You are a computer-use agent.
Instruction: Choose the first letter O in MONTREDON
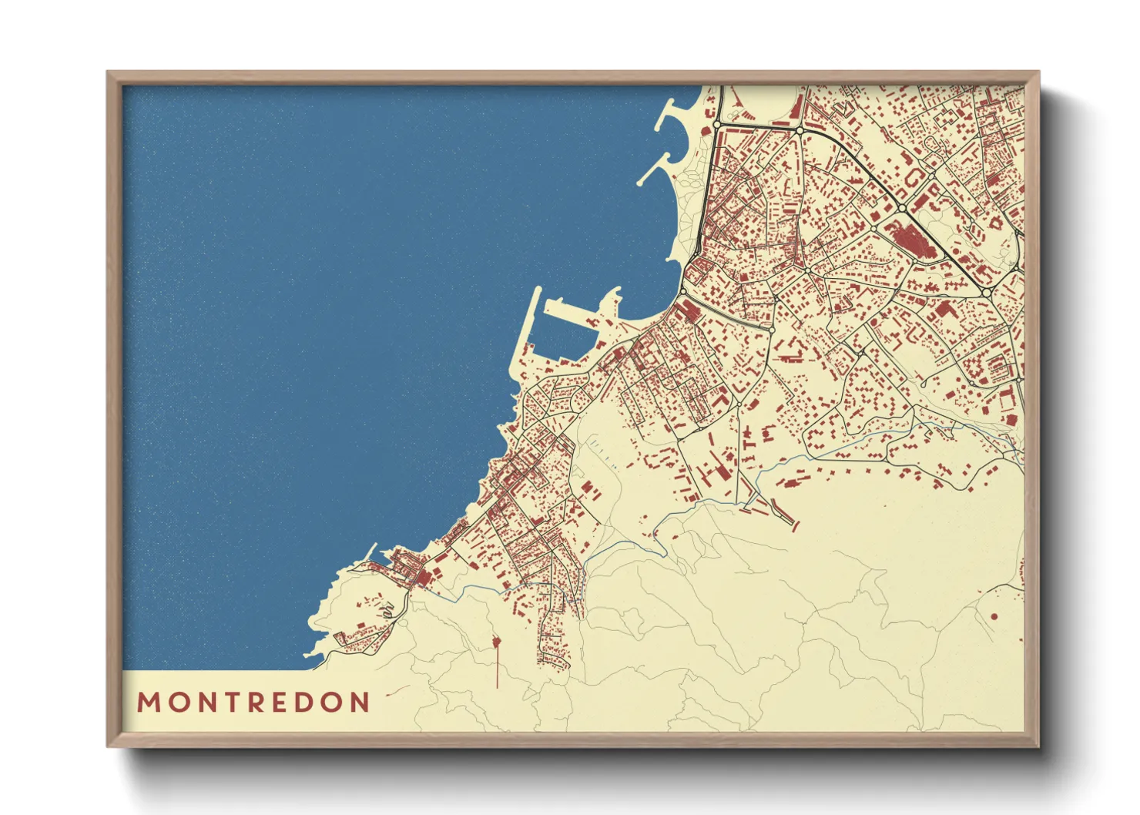pos(175,703)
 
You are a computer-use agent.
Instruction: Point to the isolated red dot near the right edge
pos(994,616)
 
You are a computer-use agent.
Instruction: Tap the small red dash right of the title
pos(397,690)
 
